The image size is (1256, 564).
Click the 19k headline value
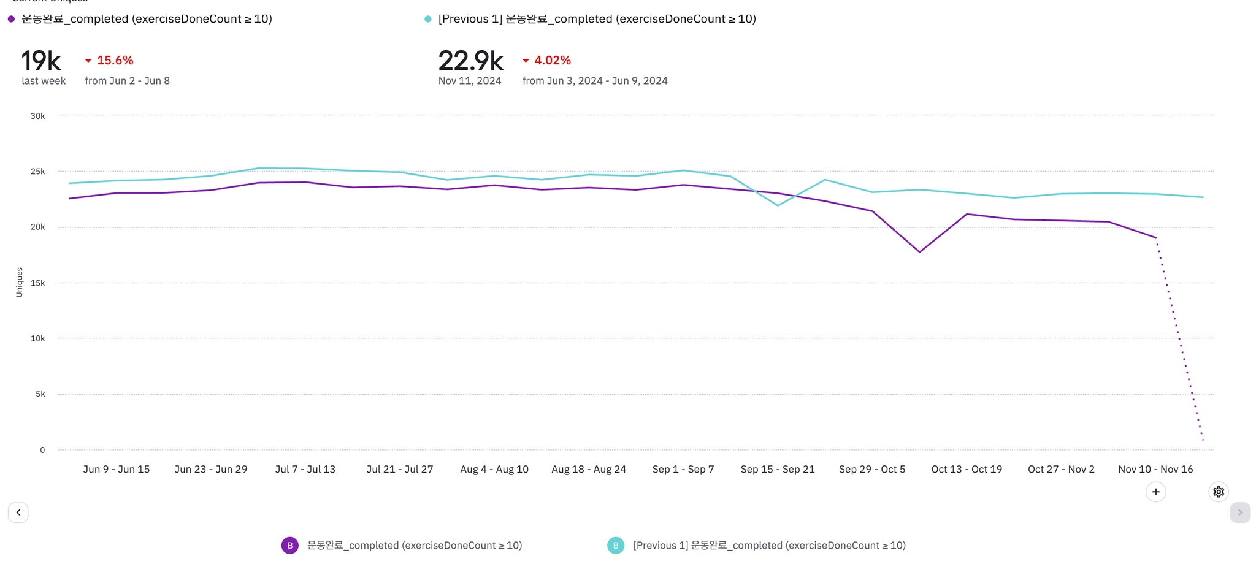(x=41, y=61)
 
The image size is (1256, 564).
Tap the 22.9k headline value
(x=470, y=61)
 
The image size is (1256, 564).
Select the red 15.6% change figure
(x=115, y=60)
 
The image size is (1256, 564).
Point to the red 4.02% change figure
(x=552, y=60)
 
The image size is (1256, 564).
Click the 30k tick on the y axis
(x=37, y=116)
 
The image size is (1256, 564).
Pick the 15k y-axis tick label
(x=37, y=283)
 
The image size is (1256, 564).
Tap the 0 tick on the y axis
(x=42, y=450)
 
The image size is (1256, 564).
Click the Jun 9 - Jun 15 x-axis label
(x=117, y=469)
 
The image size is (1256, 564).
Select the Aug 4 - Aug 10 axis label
(x=494, y=469)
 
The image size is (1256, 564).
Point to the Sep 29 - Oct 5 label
(x=872, y=469)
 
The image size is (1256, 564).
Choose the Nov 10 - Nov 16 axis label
(x=1155, y=469)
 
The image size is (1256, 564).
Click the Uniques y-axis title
(x=19, y=282)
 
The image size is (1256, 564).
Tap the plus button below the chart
(x=1156, y=492)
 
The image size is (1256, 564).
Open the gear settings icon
(x=1219, y=492)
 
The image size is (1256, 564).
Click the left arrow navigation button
(x=18, y=513)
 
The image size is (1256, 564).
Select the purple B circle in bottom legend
(x=290, y=545)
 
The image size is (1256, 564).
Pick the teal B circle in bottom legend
(x=616, y=545)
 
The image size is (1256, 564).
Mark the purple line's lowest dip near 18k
(x=919, y=252)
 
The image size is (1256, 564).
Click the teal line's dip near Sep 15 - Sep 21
(x=778, y=205)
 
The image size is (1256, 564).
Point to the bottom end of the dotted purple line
(x=1203, y=440)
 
